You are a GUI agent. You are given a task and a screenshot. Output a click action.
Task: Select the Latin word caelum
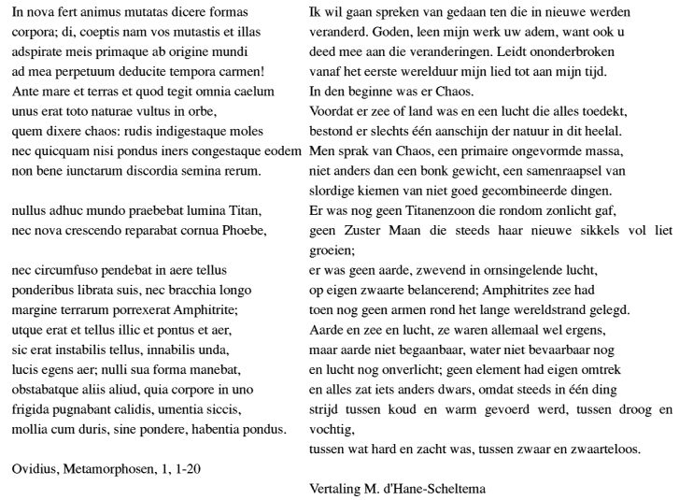254,91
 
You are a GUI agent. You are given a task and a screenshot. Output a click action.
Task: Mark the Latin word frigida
34,408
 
